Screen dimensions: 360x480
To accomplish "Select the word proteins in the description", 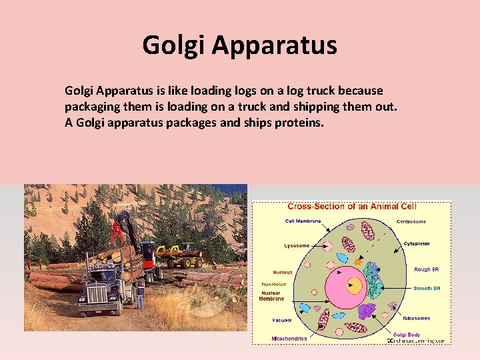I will (299, 123).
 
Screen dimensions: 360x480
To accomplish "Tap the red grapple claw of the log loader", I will (117, 233).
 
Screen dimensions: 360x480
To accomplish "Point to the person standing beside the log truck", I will (139, 294).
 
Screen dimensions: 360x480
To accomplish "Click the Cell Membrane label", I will (303, 221).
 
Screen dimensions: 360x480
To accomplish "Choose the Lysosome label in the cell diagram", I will (297, 246).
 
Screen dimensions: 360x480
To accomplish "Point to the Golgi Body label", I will (406, 334).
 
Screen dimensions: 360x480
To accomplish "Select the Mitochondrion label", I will (289, 339).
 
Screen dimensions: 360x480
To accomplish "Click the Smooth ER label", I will (427, 289).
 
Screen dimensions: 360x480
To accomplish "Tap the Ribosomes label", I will (416, 319).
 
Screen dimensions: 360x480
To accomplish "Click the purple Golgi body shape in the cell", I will (366, 310).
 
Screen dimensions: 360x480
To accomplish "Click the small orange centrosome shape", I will (357, 262).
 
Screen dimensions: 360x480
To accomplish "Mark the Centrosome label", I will (411, 221).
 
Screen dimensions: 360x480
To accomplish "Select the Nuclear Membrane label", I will (271, 296).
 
